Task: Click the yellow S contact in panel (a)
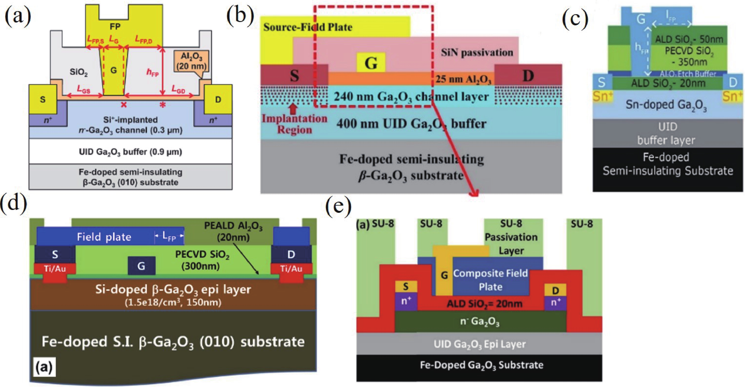pyautogui.click(x=43, y=99)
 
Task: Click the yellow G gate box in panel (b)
pyautogui.click(x=371, y=62)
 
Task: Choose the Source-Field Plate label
pyautogui.click(x=308, y=27)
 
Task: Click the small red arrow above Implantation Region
pyautogui.click(x=294, y=108)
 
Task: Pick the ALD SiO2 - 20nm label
pyautogui.click(x=668, y=83)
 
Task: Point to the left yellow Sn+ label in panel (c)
pyautogui.click(x=603, y=96)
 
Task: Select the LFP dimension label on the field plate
pyautogui.click(x=169, y=236)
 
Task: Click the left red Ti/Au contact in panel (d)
pyautogui.click(x=55, y=269)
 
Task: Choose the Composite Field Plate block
pyautogui.click(x=490, y=280)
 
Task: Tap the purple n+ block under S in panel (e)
pyautogui.click(x=406, y=301)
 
